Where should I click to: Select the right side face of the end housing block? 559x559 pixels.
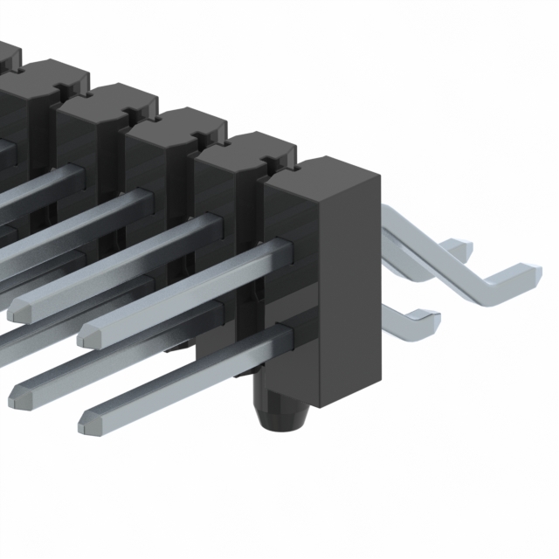349,288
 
